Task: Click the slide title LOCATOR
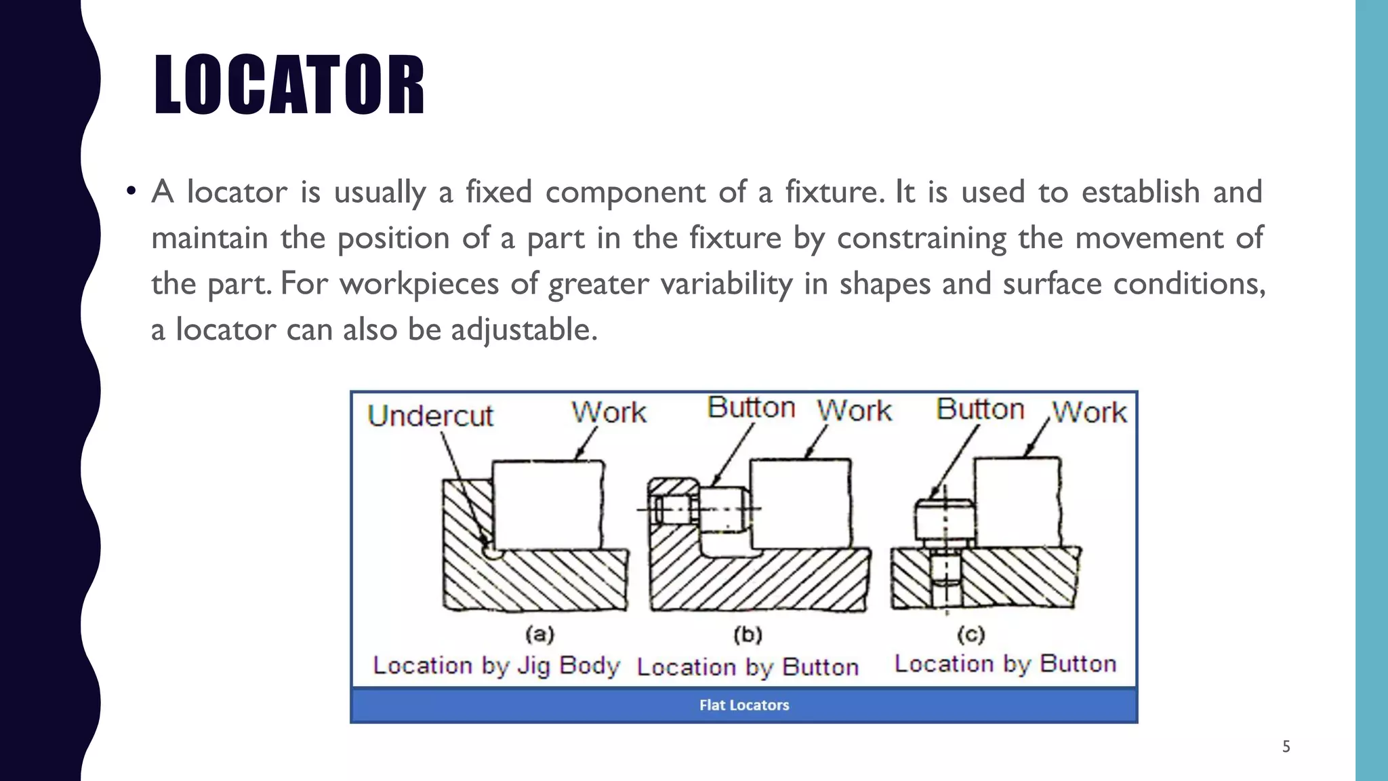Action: point(289,85)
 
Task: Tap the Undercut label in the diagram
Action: point(430,416)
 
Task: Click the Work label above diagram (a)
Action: point(609,412)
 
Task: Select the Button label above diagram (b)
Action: point(751,408)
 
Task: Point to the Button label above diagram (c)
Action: point(980,409)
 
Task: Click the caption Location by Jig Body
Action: point(496,666)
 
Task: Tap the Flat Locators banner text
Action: point(744,705)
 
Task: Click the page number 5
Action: point(1286,747)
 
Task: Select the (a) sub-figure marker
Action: point(540,635)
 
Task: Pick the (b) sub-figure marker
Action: point(748,635)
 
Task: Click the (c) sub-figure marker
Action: point(971,635)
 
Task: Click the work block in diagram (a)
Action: point(546,505)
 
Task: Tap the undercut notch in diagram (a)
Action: point(493,551)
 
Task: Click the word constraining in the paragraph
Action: point(921,238)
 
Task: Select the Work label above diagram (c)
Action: point(1089,412)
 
